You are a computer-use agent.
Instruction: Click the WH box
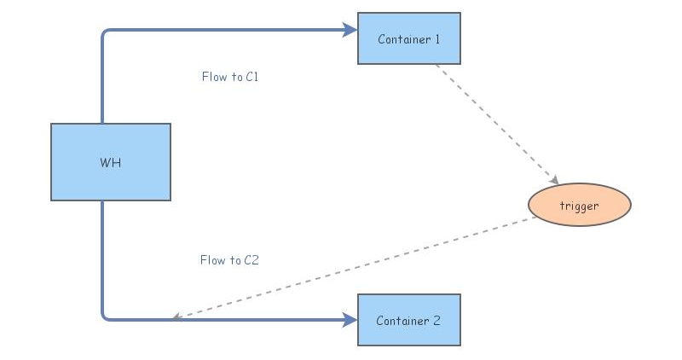click(x=111, y=162)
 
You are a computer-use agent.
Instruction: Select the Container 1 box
click(x=409, y=38)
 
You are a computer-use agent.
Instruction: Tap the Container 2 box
click(x=409, y=320)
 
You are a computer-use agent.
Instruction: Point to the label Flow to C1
click(x=229, y=77)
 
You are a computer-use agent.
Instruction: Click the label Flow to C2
click(x=228, y=260)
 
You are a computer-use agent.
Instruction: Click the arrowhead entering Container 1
click(x=350, y=30)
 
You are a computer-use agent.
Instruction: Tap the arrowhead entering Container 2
click(x=350, y=320)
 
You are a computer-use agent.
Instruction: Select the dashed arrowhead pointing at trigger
click(x=555, y=180)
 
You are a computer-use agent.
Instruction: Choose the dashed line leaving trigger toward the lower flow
click(x=358, y=267)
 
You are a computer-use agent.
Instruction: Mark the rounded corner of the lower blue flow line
click(x=105, y=317)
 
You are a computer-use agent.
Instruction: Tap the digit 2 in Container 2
click(x=437, y=321)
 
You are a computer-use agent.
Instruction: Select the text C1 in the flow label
click(x=251, y=77)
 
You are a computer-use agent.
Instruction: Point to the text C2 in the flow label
click(x=251, y=260)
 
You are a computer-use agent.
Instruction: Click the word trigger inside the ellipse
click(x=580, y=206)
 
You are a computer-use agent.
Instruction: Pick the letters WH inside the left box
click(x=111, y=162)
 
